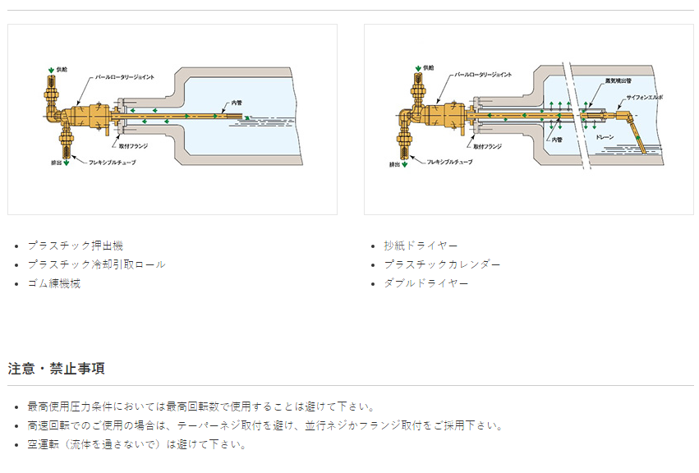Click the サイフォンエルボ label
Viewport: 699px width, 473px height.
(x=644, y=97)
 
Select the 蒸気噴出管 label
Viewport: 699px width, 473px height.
(x=616, y=80)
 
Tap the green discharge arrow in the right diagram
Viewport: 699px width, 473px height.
(x=407, y=165)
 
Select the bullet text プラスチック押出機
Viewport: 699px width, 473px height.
(x=75, y=246)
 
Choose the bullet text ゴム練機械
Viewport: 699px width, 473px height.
(x=53, y=283)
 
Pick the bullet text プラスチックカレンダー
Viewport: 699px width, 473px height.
(x=442, y=264)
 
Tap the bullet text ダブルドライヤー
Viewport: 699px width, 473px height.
(x=425, y=283)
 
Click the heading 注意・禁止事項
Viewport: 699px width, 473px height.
(x=56, y=368)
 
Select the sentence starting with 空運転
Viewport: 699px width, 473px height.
(x=136, y=444)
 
